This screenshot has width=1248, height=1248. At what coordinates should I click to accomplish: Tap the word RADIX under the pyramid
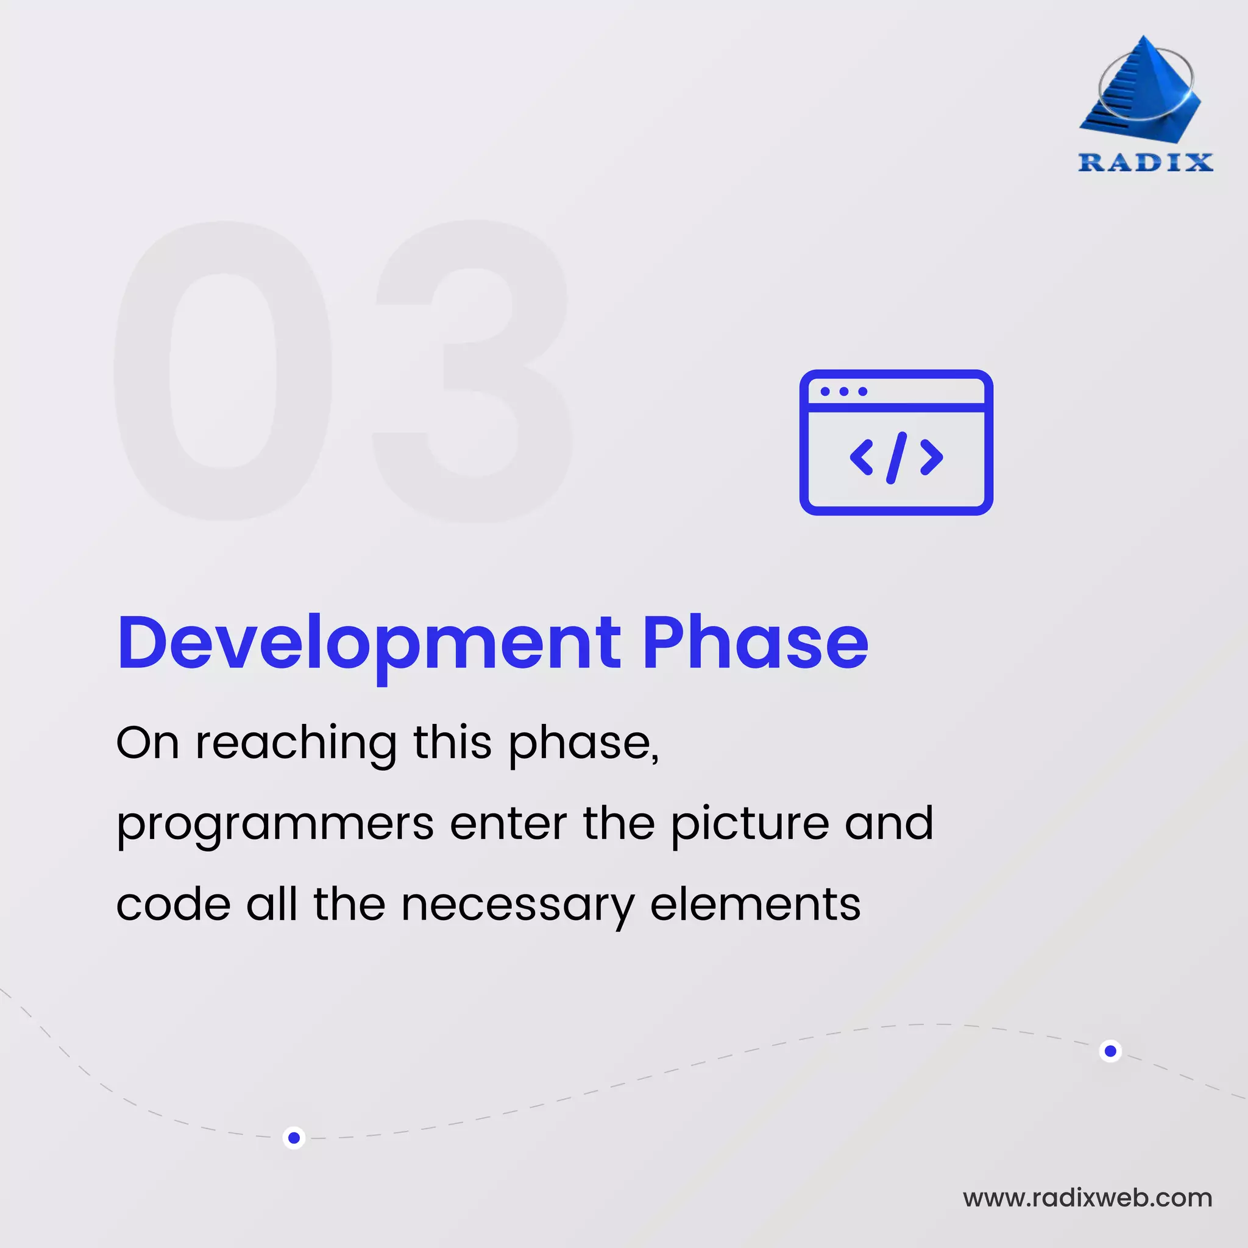tap(1145, 162)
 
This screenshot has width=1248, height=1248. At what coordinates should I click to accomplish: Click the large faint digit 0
tap(223, 372)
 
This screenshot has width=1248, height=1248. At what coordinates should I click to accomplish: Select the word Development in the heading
tap(369, 643)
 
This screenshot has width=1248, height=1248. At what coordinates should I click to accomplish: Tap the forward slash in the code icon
tap(896, 458)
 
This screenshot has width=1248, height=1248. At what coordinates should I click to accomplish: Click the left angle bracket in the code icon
tap(862, 458)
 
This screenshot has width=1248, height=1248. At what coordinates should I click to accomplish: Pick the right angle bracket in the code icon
tap(931, 458)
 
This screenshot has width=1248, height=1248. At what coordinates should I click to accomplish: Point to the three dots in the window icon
tap(843, 391)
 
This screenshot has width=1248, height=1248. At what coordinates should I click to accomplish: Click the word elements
tap(755, 904)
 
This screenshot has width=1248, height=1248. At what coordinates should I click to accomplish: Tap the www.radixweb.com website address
tap(1087, 1198)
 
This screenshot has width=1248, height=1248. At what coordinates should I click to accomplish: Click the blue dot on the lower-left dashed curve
tap(294, 1138)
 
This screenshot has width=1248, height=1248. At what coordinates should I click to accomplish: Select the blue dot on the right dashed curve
tap(1110, 1051)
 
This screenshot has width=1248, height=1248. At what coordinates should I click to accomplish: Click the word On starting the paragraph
tap(147, 743)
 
